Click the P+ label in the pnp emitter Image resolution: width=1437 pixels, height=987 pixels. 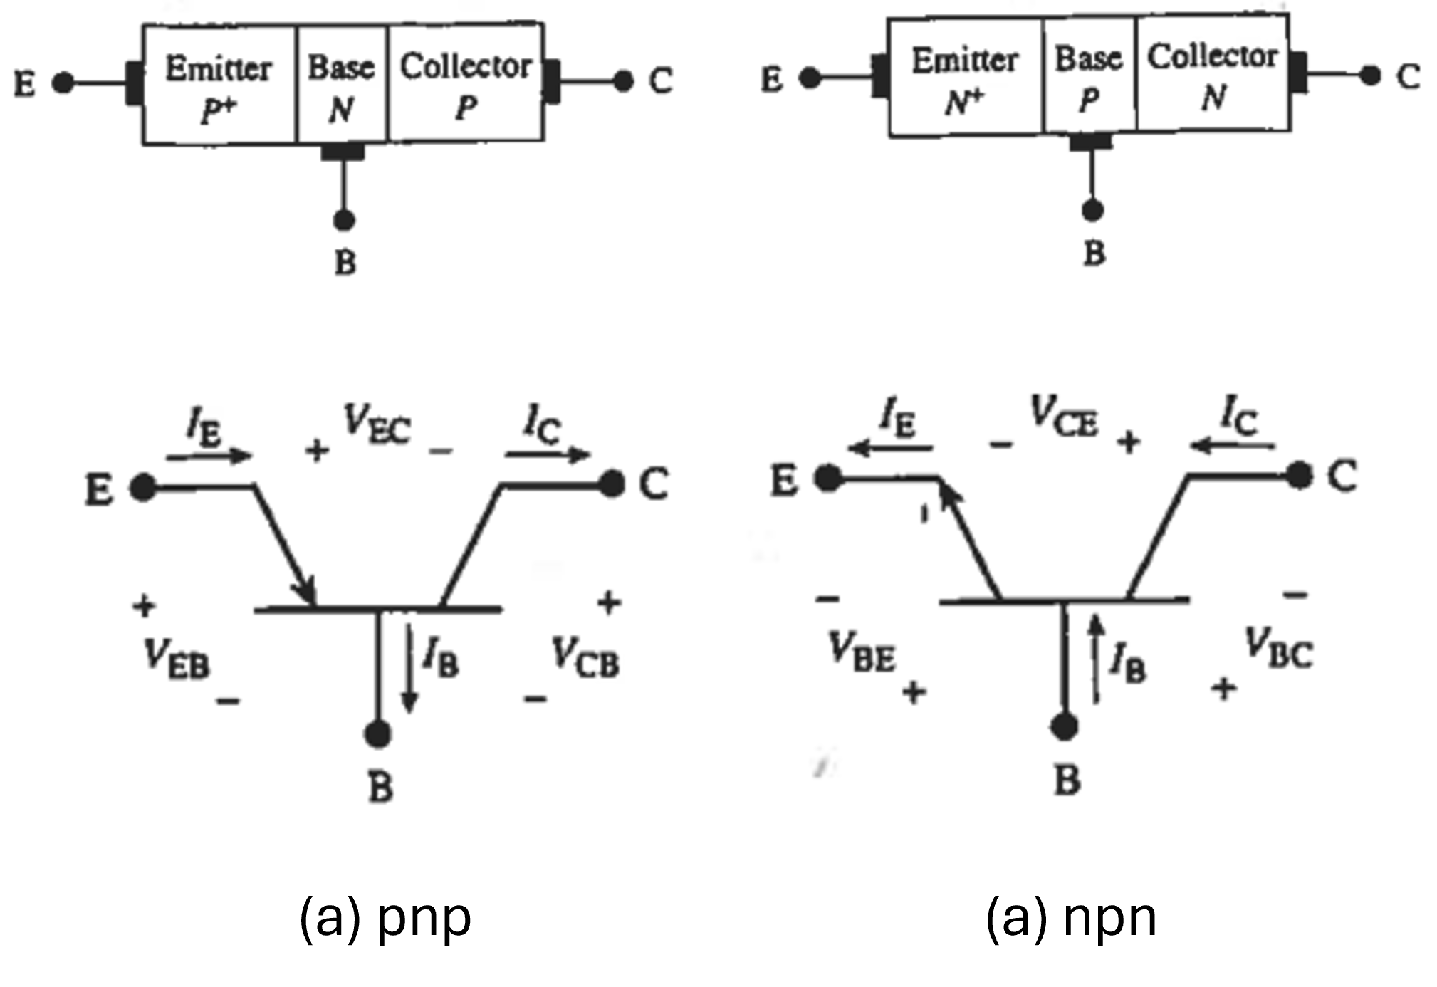coord(217,110)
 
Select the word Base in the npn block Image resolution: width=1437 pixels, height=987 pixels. coord(1088,58)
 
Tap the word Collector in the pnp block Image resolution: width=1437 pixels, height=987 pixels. coord(466,66)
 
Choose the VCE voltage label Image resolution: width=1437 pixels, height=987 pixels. coord(1064,416)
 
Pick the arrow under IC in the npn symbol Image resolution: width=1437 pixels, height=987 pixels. coord(1232,446)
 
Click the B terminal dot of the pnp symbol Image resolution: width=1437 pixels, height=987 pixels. coord(377,734)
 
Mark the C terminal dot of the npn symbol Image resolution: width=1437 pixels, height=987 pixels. coord(1300,475)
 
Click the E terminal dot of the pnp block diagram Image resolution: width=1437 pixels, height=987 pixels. coord(63,83)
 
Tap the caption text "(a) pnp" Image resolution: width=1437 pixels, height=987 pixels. coord(385,919)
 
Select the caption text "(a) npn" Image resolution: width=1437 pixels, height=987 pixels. coord(1071,919)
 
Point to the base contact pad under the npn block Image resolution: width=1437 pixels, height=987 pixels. coord(1091,140)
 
